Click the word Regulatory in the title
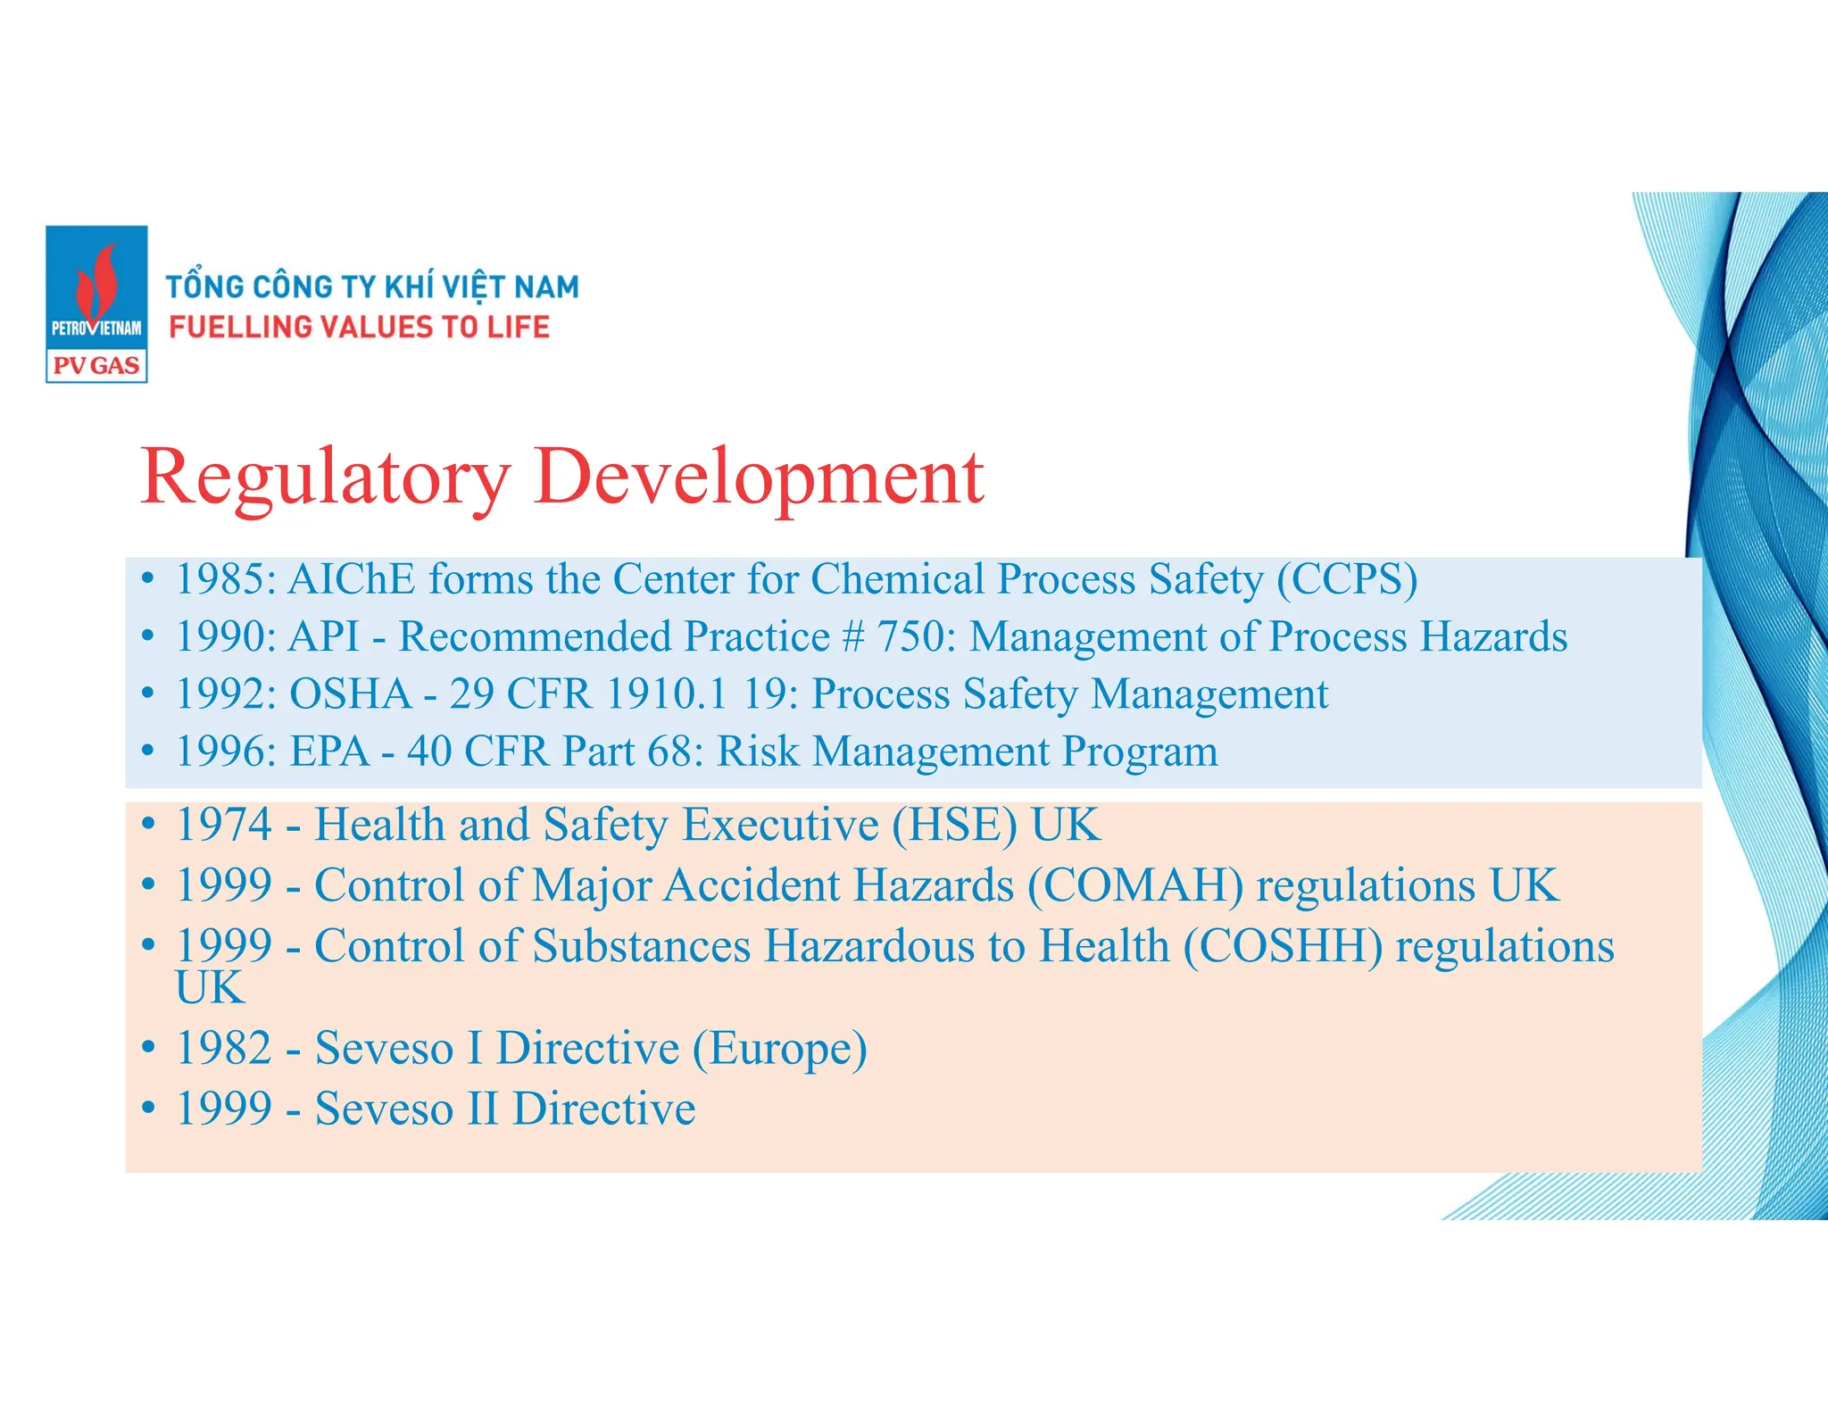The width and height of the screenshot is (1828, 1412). pos(325,478)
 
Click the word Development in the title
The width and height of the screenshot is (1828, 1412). pos(759,478)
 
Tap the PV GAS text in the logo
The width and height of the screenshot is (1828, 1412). pos(96,366)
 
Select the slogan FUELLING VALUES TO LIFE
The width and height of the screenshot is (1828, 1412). pos(359,328)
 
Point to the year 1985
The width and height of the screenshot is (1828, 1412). pos(225,579)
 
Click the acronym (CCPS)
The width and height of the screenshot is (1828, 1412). pos(1346,579)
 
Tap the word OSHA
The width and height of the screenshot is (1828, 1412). pos(351,694)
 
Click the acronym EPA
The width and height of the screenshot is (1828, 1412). pos(329,752)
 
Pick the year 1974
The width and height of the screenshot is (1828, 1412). pos(224,825)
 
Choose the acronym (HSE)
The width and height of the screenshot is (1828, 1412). pos(954,825)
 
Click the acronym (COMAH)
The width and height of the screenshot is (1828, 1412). pos(1134,885)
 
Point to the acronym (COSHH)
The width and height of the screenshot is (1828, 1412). pos(1283,946)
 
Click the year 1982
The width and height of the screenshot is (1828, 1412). pos(224,1048)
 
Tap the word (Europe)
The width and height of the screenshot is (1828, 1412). pos(779,1048)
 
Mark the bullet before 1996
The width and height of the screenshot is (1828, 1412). pos(148,752)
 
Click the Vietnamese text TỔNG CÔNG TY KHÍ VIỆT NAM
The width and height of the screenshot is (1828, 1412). pos(372,287)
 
